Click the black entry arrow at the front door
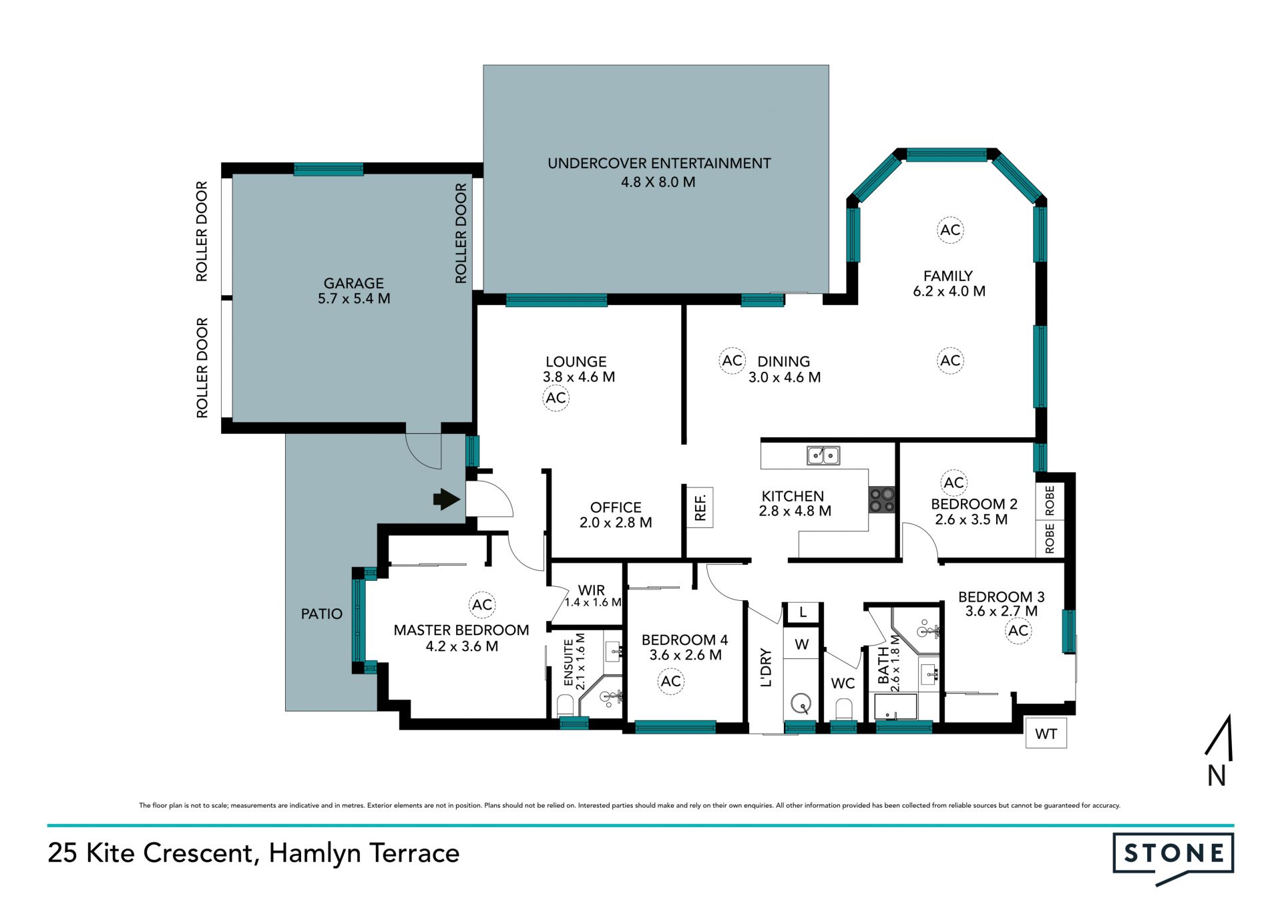click(x=447, y=499)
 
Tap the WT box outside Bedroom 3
click(x=1046, y=733)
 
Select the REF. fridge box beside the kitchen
click(x=700, y=507)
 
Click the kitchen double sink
click(x=823, y=455)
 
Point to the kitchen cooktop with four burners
click(x=881, y=499)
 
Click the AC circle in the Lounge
click(x=556, y=398)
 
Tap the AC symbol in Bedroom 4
click(x=670, y=681)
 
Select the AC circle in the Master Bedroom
click(x=482, y=605)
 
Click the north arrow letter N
click(x=1216, y=776)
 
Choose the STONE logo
click(x=1173, y=857)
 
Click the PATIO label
click(x=321, y=614)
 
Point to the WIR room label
click(x=592, y=590)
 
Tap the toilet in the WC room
click(x=843, y=708)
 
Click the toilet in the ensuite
click(x=565, y=705)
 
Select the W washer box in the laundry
click(x=801, y=644)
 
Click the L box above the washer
click(x=803, y=612)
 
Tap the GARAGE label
click(x=354, y=283)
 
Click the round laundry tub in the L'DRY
click(x=801, y=703)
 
